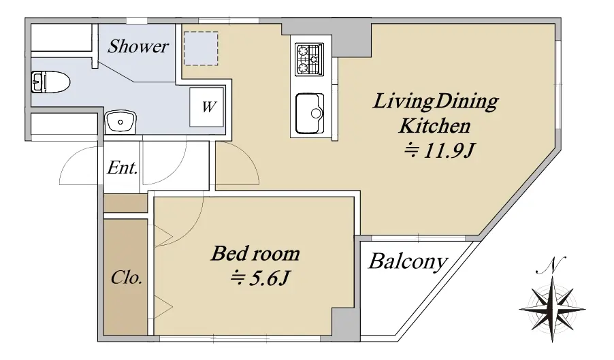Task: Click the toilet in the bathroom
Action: click(x=50, y=82)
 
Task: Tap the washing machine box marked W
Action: click(x=207, y=107)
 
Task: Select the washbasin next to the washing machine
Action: click(x=120, y=122)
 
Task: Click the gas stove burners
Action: click(x=310, y=59)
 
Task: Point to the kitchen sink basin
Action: click(x=310, y=114)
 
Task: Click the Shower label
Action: click(x=138, y=46)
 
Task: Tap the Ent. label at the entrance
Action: click(x=123, y=168)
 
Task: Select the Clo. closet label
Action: click(x=126, y=278)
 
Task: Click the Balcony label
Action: click(x=408, y=261)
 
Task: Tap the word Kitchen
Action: click(x=434, y=126)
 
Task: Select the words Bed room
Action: click(x=255, y=254)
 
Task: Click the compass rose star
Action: click(x=552, y=309)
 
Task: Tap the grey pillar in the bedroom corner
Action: click(x=345, y=322)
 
